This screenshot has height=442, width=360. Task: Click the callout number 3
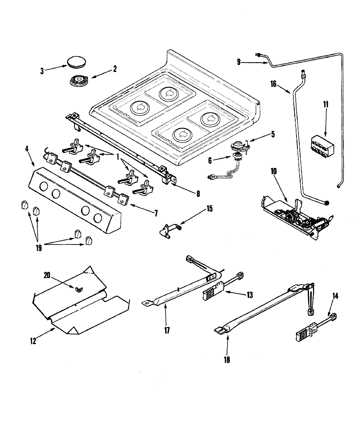pos(42,71)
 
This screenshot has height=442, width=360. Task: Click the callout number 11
pos(326,105)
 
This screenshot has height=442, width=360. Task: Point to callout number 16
pos(273,83)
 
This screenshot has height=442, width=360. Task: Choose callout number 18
pos(227,359)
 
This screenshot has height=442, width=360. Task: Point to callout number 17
pos(167,331)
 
